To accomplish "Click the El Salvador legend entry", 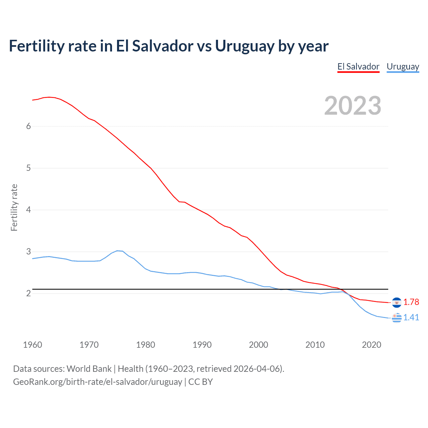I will pos(358,67).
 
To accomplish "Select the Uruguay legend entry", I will pos(403,67).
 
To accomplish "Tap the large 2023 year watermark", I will pos(353,106).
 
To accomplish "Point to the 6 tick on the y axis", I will pos(28,126).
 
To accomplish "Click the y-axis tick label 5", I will pos(28,168).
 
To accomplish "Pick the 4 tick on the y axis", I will pos(28,210).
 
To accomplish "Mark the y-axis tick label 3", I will pos(28,251).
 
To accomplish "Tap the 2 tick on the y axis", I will pos(28,293).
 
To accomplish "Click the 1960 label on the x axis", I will pos(32,345).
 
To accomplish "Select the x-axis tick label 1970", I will pos(89,345).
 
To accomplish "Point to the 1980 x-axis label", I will pos(145,345).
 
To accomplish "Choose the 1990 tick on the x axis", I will pos(202,345).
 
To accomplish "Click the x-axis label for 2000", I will pos(258,345).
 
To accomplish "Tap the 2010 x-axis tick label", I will pos(315,345).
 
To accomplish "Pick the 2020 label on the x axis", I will pos(371,345).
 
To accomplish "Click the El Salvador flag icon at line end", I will pos(397,302).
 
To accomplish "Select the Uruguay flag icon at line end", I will pos(397,318).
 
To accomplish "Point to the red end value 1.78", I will pos(411,302).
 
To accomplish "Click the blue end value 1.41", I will pos(411,318).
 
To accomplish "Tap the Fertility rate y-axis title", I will pos(14,207).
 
